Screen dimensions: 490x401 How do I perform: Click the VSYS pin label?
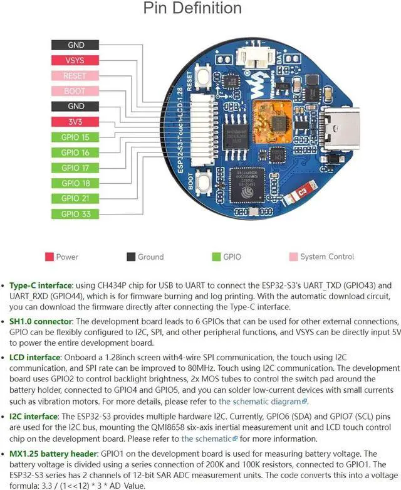pos(76,61)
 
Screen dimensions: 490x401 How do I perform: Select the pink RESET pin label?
pos(76,76)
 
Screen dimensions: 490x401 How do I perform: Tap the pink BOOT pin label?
pos(76,91)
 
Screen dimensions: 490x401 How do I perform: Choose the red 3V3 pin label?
pos(76,122)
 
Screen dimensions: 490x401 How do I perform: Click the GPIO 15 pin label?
pos(76,137)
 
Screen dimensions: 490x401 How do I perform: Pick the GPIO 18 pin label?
pos(76,183)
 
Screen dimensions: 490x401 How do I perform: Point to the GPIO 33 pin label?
pos(76,213)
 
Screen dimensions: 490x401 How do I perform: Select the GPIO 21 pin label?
pos(76,198)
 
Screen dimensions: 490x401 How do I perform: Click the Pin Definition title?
pos(192,9)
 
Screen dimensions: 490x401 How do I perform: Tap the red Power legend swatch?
pos(48,257)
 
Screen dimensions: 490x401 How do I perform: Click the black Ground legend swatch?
pos(131,257)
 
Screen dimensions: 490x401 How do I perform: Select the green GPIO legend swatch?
pos(217,257)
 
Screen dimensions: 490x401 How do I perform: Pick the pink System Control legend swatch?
pos(292,257)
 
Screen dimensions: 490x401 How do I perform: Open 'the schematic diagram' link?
pos(259,401)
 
